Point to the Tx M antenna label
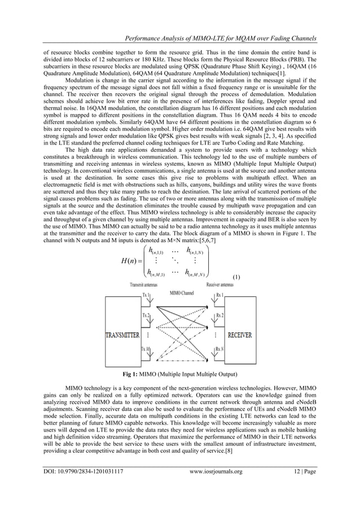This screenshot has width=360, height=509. (x=146, y=349)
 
